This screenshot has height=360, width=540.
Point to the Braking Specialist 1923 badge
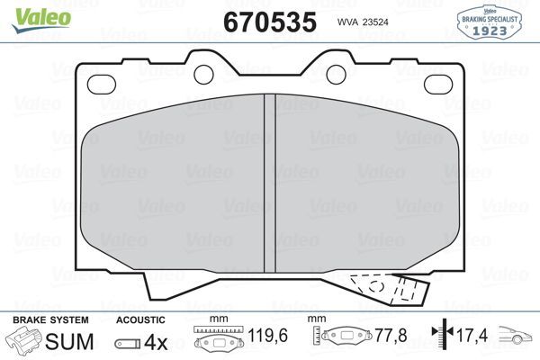[491, 19]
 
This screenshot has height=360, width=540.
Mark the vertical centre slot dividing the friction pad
[268, 180]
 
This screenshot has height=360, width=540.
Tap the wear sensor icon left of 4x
[128, 344]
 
